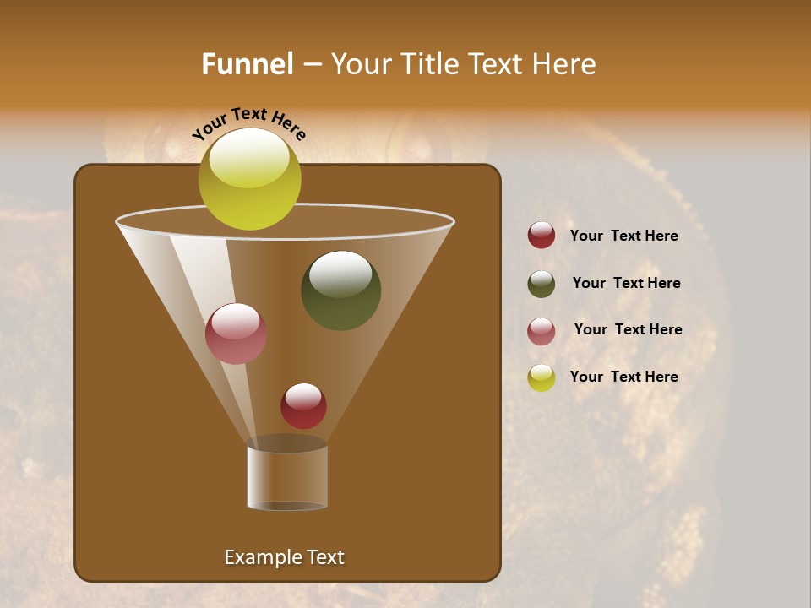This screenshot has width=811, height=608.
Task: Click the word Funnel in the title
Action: (x=248, y=64)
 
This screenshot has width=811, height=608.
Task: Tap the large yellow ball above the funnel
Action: (x=250, y=180)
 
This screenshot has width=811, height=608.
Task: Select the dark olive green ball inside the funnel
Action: (x=340, y=290)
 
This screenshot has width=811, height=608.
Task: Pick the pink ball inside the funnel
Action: (x=236, y=334)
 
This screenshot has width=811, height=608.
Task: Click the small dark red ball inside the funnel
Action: (x=303, y=406)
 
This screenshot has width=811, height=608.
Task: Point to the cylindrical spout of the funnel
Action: (x=287, y=477)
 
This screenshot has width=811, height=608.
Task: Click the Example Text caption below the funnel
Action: (x=284, y=557)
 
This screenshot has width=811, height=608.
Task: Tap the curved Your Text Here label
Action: (x=249, y=123)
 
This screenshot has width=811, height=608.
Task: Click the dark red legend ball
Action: (x=542, y=236)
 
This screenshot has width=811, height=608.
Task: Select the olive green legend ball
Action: (x=542, y=284)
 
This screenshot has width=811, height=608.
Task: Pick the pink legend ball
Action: (x=542, y=331)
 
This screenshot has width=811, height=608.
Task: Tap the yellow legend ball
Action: (x=542, y=377)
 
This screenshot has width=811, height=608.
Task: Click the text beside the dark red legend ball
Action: (x=623, y=236)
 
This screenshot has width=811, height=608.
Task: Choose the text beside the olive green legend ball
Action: (x=626, y=284)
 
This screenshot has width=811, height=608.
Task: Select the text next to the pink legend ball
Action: (x=628, y=330)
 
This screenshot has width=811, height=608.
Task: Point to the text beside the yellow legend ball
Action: (x=623, y=377)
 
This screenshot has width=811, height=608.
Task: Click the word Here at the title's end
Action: (x=565, y=64)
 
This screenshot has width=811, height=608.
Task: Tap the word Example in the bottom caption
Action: (x=262, y=557)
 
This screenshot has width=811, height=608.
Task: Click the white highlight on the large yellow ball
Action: (x=249, y=159)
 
